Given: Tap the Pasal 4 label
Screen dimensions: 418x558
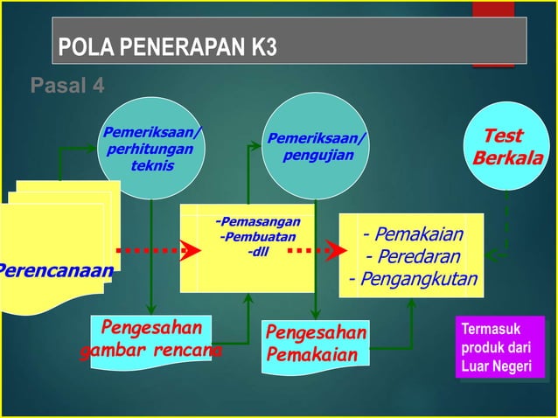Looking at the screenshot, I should point(67,86).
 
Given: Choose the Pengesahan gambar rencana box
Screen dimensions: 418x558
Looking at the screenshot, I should point(151,339).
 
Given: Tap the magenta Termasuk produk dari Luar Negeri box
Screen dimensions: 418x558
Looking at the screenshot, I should point(499,348).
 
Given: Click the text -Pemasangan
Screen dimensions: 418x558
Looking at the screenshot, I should point(257,222).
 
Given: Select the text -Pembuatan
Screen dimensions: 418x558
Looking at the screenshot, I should point(257,237).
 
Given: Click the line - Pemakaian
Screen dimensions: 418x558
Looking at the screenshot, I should point(413,234).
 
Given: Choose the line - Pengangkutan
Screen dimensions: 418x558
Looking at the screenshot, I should point(413,279).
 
